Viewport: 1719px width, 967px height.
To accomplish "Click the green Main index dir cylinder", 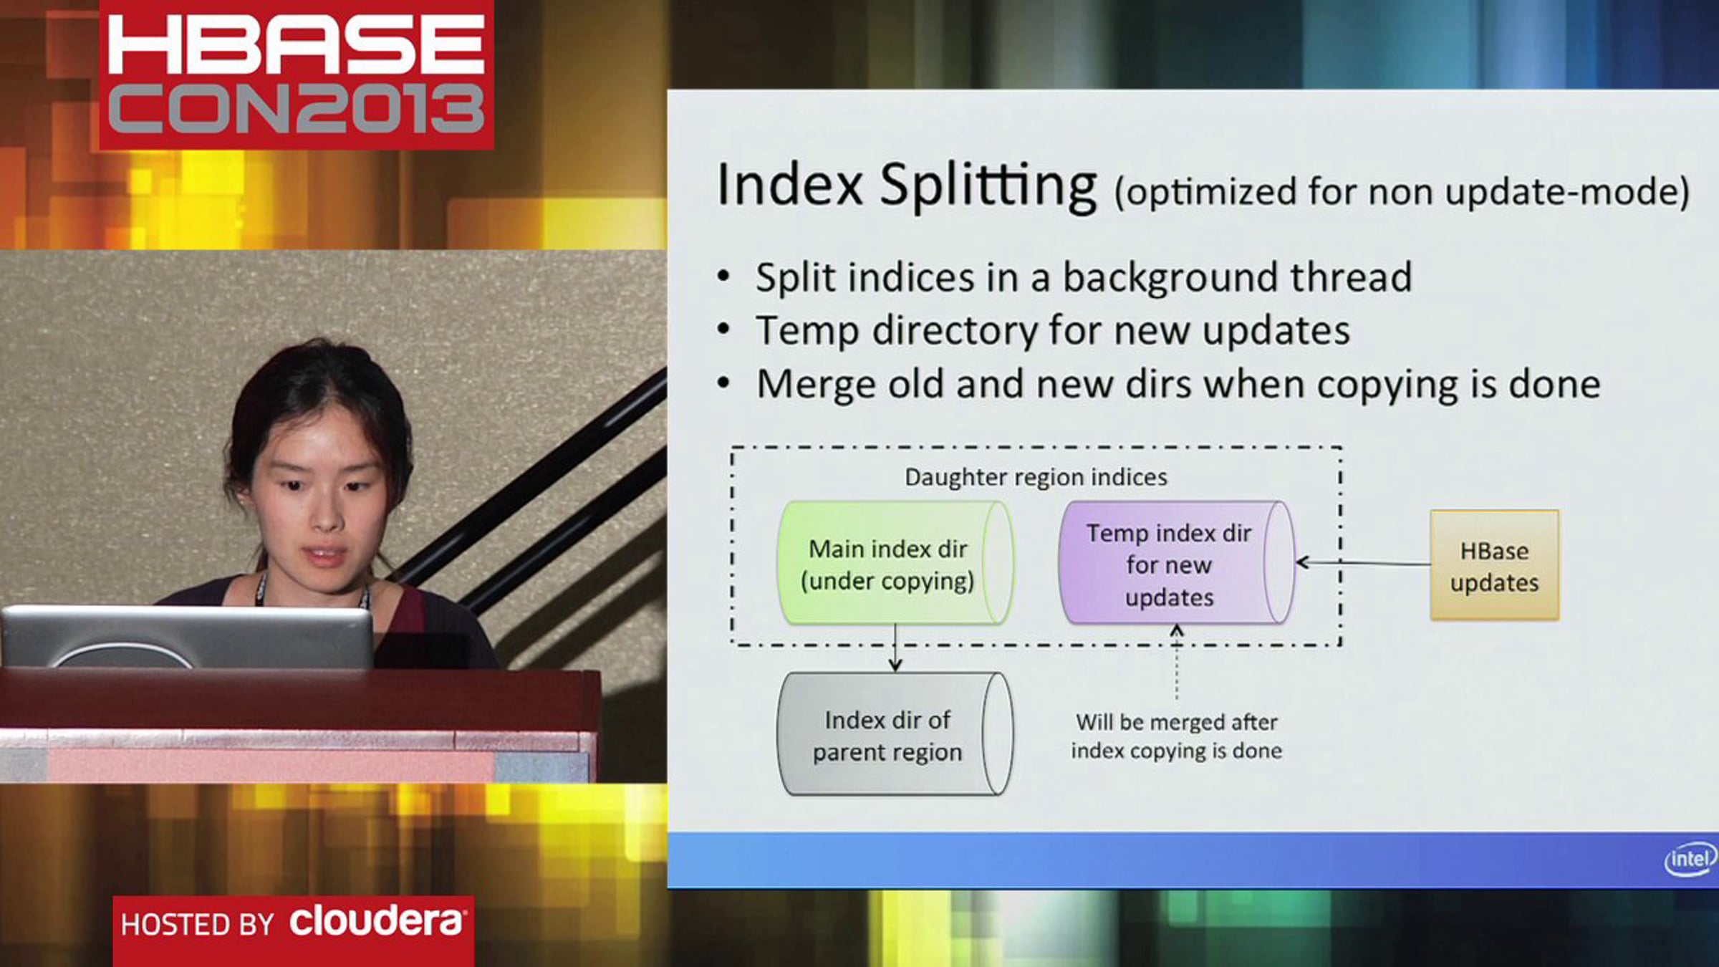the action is point(895,563).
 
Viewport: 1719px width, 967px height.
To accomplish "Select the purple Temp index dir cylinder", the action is point(1177,563).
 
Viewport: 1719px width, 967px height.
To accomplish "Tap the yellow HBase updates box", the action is point(1494,565).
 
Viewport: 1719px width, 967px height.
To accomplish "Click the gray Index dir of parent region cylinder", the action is point(895,734).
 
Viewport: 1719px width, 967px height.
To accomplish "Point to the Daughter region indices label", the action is point(1036,477).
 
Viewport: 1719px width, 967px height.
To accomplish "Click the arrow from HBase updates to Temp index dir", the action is point(1364,563).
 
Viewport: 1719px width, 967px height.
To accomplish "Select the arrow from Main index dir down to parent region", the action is point(895,648).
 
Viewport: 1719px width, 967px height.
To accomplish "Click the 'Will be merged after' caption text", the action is point(1176,722).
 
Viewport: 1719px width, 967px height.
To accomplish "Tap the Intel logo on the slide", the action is point(1690,858).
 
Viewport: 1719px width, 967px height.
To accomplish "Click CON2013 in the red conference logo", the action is point(296,108).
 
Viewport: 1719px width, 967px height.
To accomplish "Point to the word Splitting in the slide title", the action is point(988,186).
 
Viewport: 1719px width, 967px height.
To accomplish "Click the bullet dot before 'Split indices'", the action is point(724,276).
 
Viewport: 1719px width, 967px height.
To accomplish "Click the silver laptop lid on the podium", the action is point(188,637).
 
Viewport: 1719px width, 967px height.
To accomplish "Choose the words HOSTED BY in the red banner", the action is point(198,924).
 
